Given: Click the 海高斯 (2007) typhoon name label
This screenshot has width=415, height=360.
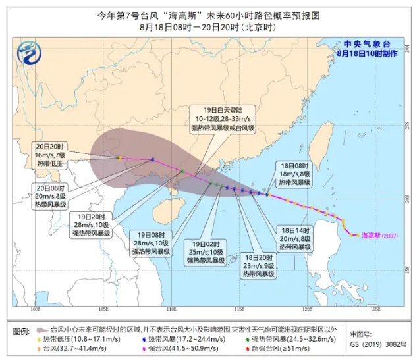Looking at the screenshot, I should tap(381, 235).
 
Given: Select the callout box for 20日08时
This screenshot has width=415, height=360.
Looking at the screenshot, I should tap(51, 195).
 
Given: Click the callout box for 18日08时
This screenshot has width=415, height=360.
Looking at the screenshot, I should tap(294, 173).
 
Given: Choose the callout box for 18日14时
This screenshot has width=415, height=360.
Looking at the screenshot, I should tap(294, 238).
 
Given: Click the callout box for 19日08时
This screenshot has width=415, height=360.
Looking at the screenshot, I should tap(153, 242).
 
